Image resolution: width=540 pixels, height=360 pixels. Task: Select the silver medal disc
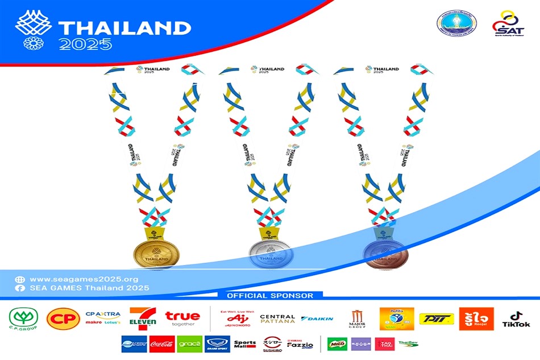[x=270, y=253]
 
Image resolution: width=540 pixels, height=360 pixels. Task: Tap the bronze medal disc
[x=385, y=254]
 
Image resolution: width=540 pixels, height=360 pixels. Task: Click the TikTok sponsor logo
[x=516, y=319]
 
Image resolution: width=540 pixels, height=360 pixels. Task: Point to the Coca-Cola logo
[x=162, y=344]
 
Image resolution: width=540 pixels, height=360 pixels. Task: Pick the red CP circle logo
[x=63, y=319]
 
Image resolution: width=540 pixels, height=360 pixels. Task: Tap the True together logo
[x=182, y=318]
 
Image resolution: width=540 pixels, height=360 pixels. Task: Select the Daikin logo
[x=317, y=318]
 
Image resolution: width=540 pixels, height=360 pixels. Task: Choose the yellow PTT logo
[x=437, y=319]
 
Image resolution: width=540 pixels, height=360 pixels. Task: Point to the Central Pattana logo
[x=277, y=319]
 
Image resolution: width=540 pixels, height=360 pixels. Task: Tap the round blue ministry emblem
[x=456, y=23]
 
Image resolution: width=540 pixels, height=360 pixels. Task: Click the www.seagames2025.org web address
[x=84, y=279]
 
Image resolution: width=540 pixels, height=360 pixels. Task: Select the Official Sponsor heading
[x=269, y=296]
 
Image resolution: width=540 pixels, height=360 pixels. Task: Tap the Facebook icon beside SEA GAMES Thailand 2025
[x=20, y=288]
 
